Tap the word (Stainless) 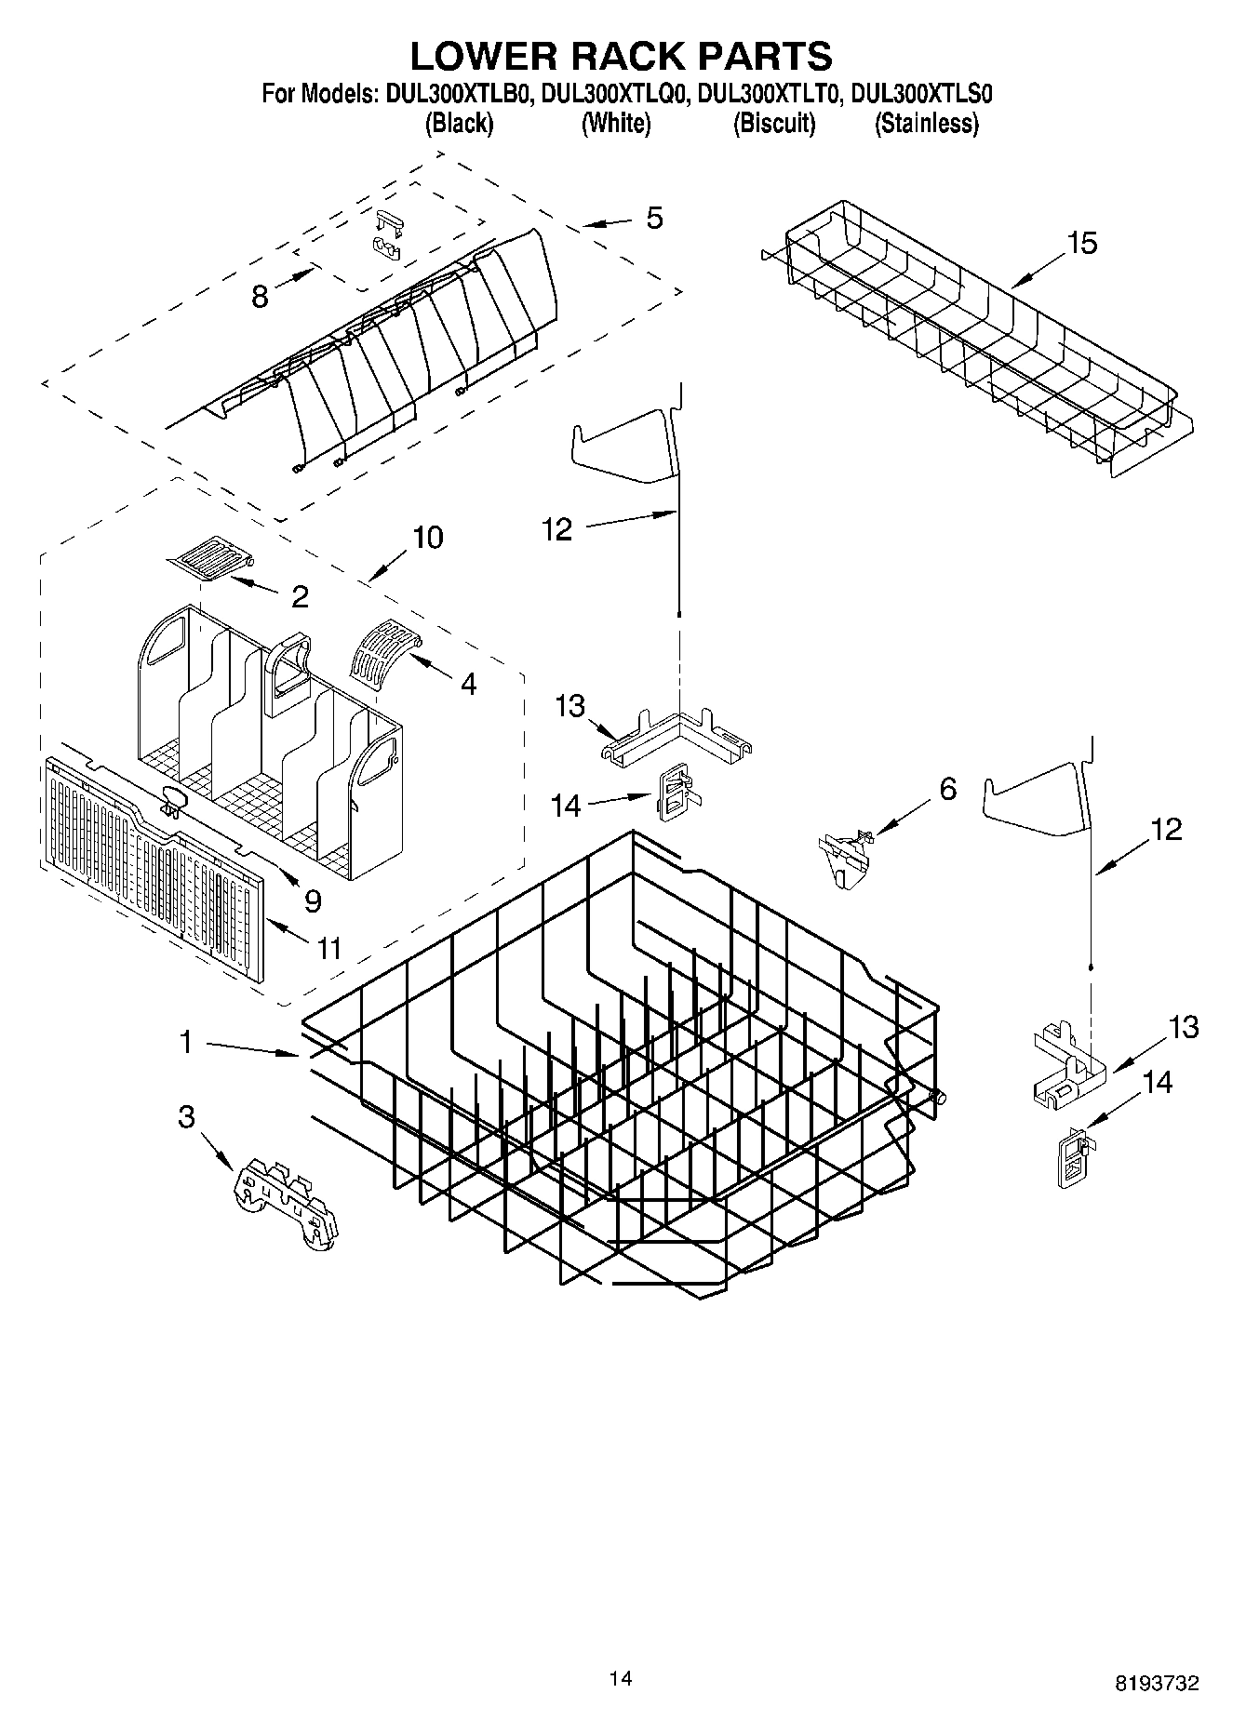tap(926, 123)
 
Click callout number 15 tap(1082, 243)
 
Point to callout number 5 tap(654, 219)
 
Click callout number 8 tap(260, 297)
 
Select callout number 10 tap(427, 537)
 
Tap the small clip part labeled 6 tap(845, 856)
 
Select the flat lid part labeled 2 tap(211, 559)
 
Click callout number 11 tap(328, 948)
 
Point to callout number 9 tap(312, 900)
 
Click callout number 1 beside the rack tap(186, 1043)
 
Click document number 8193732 tap(1157, 1682)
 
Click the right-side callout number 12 tap(1166, 828)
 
